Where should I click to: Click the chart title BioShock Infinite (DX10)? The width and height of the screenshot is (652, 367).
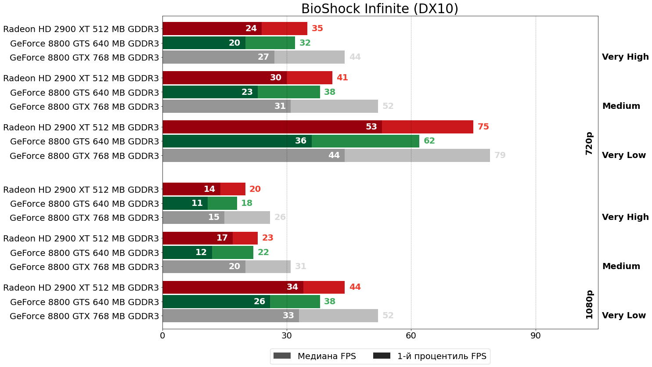point(380,9)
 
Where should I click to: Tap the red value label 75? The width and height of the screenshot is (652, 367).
point(483,127)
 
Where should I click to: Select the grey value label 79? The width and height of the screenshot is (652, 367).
point(500,155)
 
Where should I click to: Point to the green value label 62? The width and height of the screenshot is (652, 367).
point(429,141)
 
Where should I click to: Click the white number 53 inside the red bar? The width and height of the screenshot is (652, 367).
point(371,127)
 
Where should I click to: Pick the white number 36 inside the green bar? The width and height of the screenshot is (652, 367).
point(300,141)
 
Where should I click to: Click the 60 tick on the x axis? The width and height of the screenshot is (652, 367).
point(411,336)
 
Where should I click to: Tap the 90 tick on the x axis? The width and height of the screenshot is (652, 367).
point(535,336)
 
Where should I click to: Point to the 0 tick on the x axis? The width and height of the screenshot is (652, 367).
point(162,336)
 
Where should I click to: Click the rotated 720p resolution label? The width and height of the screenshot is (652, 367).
point(589,143)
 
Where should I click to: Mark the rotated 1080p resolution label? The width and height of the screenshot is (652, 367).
point(589,304)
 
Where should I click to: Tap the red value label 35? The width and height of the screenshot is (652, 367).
point(317,29)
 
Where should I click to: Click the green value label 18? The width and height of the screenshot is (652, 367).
point(246,203)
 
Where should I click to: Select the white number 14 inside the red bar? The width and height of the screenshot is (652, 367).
point(209,189)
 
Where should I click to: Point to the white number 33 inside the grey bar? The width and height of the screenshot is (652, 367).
point(288,316)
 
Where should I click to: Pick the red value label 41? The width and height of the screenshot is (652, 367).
point(342,78)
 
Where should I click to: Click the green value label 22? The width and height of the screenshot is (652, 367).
point(263,252)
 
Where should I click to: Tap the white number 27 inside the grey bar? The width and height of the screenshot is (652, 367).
point(263,57)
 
